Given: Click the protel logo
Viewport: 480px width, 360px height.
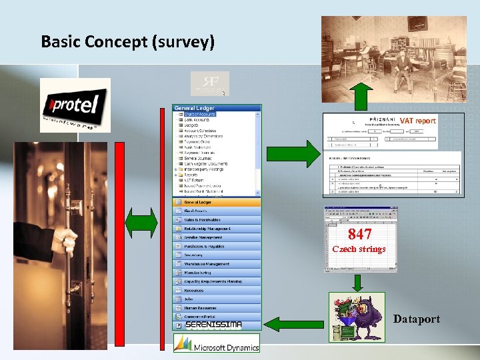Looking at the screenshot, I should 75,105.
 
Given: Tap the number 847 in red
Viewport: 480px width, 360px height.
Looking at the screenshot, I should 360,235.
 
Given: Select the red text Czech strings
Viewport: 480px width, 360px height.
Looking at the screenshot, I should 359,249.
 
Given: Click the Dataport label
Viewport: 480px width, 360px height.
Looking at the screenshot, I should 417,319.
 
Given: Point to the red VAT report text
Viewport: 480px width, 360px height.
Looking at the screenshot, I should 418,121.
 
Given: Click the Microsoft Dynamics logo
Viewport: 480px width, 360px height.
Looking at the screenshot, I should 217,343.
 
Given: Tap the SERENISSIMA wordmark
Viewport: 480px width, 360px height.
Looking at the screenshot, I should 213,325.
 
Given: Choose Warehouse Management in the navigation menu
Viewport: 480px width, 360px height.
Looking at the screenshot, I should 217,264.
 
